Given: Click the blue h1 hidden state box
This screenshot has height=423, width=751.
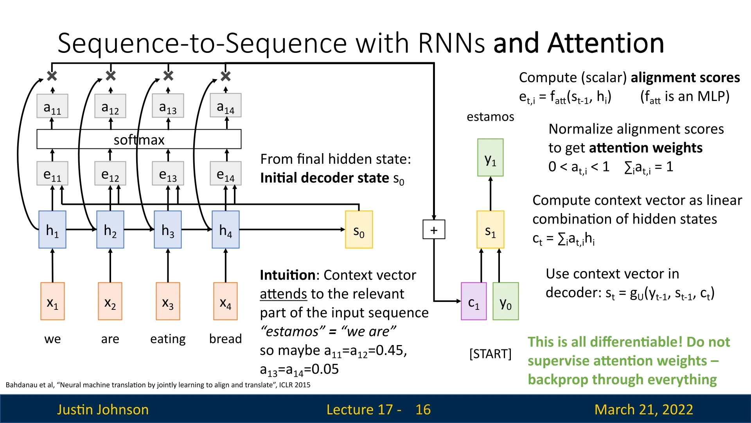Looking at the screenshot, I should point(52,230).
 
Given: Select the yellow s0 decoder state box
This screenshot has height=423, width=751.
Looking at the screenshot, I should point(359,230).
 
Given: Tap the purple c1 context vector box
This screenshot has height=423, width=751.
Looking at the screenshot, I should point(474,301).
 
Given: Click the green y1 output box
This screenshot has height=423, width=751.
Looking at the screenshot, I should point(490,157).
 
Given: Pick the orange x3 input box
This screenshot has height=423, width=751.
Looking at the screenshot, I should point(168,301).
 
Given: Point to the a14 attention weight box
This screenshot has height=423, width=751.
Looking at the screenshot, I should point(226,105).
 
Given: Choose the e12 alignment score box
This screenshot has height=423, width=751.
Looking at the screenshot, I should point(110,173).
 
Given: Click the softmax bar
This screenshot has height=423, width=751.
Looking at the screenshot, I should point(139,139).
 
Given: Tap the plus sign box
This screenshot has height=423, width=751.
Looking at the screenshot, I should point(434,230).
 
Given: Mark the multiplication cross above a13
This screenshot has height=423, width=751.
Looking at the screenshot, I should point(168,76).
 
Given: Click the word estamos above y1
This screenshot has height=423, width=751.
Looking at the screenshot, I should point(490,117).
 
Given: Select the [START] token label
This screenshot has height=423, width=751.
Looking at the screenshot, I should point(490,354).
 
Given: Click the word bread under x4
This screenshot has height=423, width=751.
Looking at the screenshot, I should point(225,339).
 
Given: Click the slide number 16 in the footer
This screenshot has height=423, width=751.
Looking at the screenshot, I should point(423,409).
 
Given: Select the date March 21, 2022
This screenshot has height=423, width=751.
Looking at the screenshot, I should point(643,409).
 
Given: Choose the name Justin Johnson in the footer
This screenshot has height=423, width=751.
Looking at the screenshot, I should point(103,409).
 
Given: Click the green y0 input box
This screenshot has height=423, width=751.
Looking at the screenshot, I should point(505,301).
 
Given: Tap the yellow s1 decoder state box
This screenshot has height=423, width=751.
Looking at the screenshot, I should point(490,230).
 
